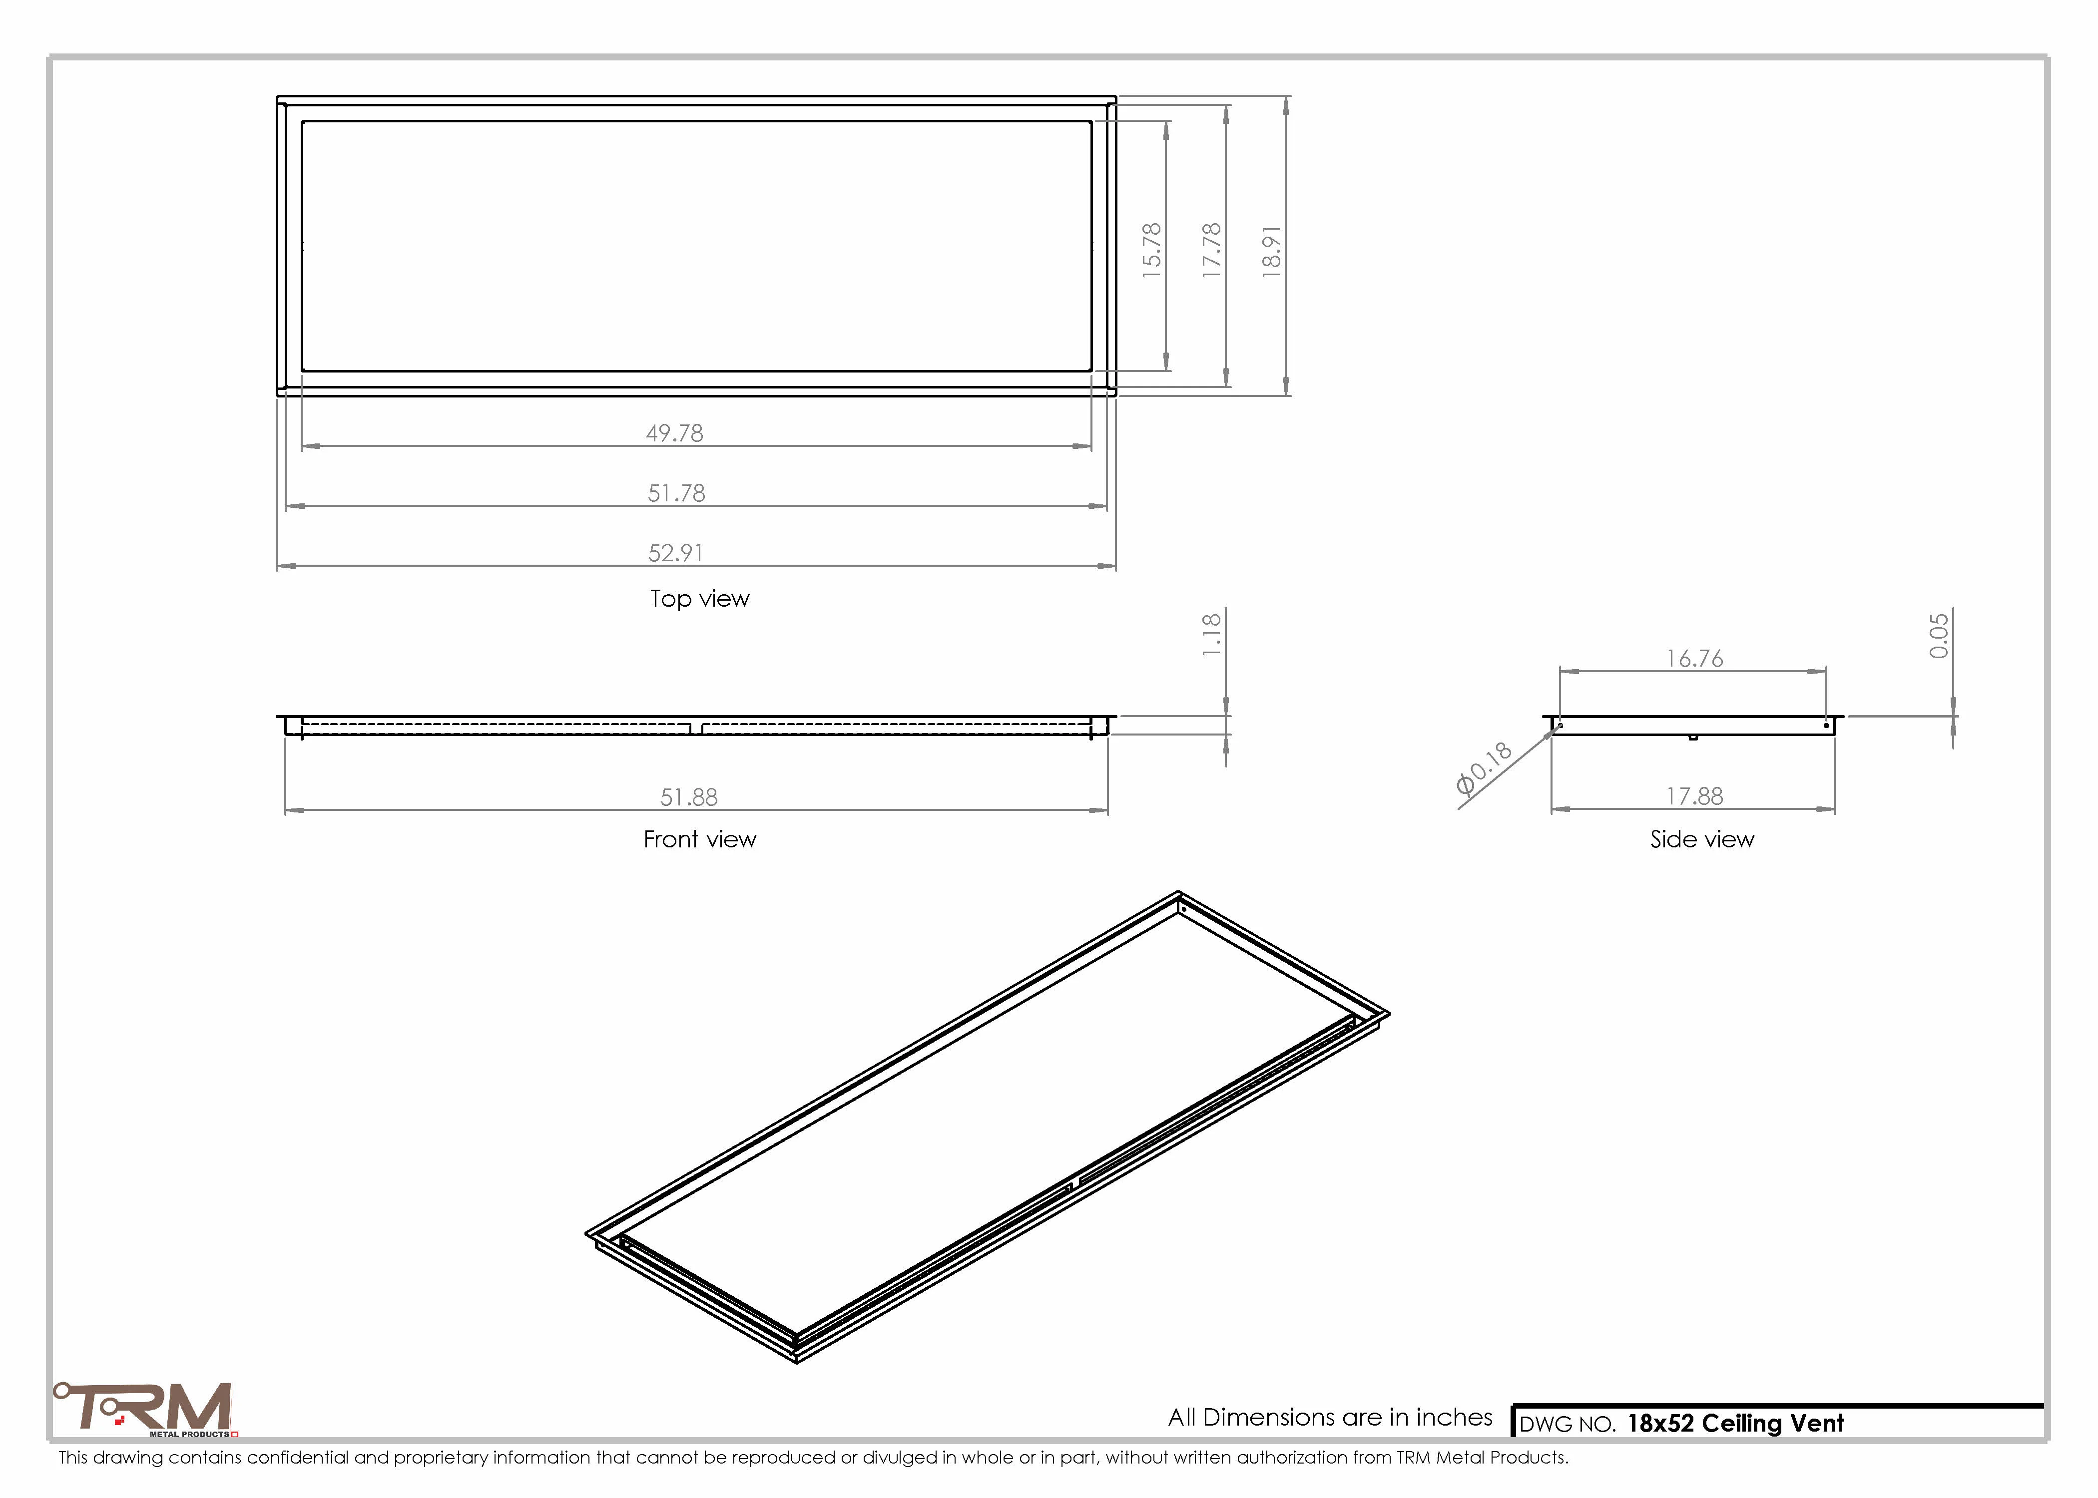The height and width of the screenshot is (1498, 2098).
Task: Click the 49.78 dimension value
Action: click(674, 432)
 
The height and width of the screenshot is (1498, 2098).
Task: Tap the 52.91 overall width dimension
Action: click(675, 553)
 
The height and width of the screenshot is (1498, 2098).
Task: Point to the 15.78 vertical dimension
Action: click(1151, 250)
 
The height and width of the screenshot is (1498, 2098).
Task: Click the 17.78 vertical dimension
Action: click(1211, 250)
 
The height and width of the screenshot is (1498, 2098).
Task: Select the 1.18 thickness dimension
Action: click(1211, 635)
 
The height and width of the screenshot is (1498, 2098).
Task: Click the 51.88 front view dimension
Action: click(688, 797)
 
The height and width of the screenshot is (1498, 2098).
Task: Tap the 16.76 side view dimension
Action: click(1694, 659)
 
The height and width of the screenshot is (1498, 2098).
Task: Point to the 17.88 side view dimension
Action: click(1694, 796)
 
